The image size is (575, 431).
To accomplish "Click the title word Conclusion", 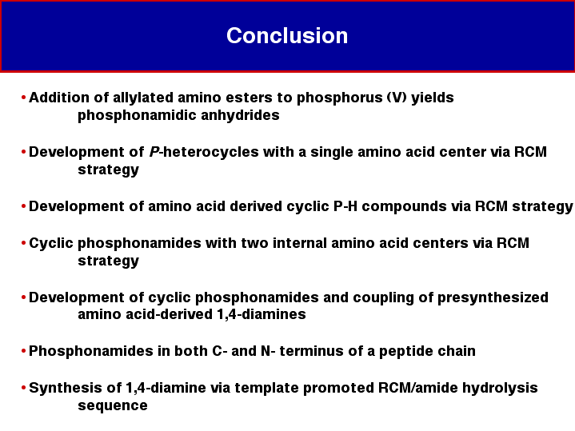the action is pyautogui.click(x=287, y=35).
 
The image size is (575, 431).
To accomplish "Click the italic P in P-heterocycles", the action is pyautogui.click(x=154, y=152).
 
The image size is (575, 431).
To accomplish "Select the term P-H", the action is pyautogui.click(x=345, y=206).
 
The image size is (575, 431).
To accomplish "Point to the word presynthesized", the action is pyautogui.click(x=493, y=297).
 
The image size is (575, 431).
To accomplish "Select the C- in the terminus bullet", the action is pyautogui.click(x=220, y=351).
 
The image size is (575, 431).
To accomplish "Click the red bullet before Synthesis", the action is pyautogui.click(x=23, y=387).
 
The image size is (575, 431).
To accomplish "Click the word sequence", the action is pyautogui.click(x=113, y=405).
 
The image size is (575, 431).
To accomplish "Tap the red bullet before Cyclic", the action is pyautogui.click(x=23, y=243).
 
